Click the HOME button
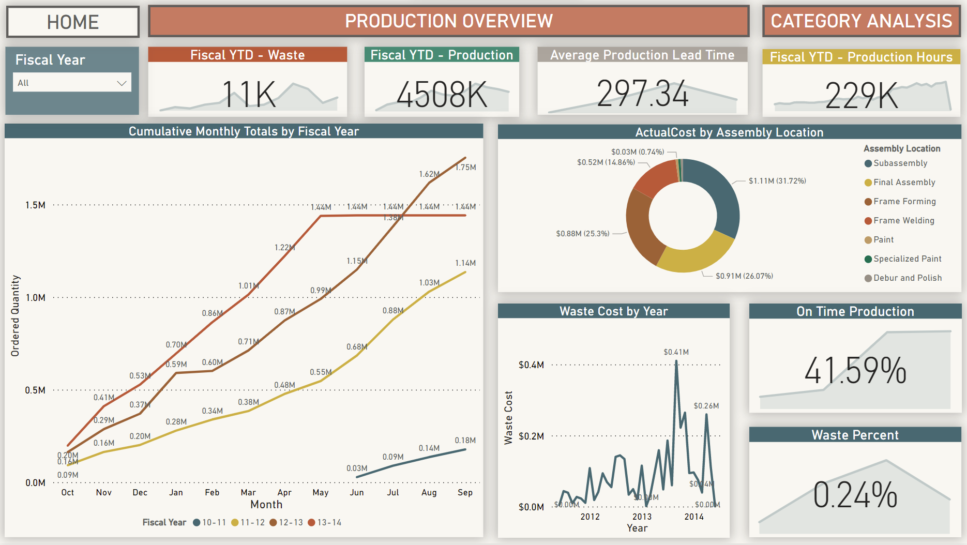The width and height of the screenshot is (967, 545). [x=72, y=22]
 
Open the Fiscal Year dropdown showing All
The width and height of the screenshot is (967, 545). [x=72, y=83]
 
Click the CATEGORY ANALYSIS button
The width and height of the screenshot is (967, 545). [x=861, y=21]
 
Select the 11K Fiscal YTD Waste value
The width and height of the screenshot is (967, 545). [x=249, y=95]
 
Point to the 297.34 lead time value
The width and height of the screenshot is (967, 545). [x=642, y=94]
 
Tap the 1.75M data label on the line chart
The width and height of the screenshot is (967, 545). [x=465, y=168]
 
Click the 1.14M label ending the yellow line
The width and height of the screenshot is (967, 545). [x=465, y=263]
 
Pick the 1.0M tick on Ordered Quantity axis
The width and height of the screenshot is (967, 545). [x=36, y=298]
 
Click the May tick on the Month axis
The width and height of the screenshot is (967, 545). [x=321, y=493]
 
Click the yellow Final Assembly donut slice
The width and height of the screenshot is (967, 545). [x=693, y=256]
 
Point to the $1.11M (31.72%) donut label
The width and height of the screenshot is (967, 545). [x=777, y=181]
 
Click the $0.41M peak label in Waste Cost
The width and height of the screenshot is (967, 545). [x=676, y=352]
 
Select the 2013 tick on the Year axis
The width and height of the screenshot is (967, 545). [x=642, y=517]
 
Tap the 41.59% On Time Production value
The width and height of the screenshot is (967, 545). [x=855, y=371]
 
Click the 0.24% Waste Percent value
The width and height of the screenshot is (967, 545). [x=855, y=495]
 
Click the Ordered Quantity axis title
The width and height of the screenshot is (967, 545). [x=16, y=315]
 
